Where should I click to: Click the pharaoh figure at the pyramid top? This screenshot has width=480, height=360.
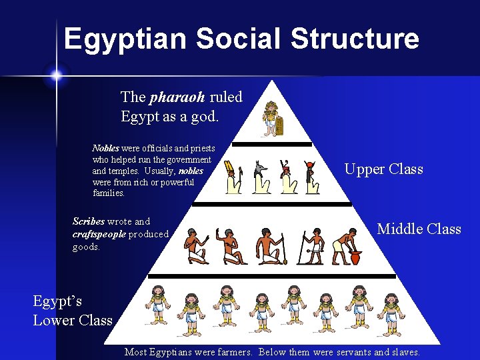[x=272, y=119]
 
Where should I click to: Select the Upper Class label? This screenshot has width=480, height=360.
[x=383, y=169]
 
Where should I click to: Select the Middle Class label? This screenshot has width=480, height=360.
[x=419, y=229]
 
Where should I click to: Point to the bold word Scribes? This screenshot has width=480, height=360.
[x=89, y=221]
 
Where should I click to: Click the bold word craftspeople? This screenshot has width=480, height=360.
[x=99, y=234]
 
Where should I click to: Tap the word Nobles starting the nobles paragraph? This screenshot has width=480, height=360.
[x=105, y=149]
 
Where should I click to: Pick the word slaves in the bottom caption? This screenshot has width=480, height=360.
[x=404, y=352]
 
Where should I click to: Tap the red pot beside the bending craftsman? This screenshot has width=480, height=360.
[x=355, y=257]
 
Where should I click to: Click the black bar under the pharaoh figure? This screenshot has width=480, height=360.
[x=272, y=144]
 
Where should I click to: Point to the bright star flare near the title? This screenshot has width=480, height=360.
[x=55, y=75]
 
